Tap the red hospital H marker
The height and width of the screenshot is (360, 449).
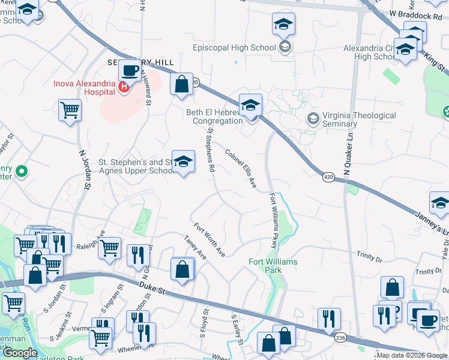pos(124,88)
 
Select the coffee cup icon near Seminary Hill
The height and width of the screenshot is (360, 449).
pos(130,72)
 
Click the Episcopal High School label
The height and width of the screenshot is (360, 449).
pos(234,47)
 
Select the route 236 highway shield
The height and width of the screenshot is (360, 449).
pos(341,338)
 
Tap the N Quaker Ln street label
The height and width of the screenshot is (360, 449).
pos(346,157)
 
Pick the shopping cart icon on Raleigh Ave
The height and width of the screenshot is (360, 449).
pos(109,247)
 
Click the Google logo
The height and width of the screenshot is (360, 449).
pos(20,353)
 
